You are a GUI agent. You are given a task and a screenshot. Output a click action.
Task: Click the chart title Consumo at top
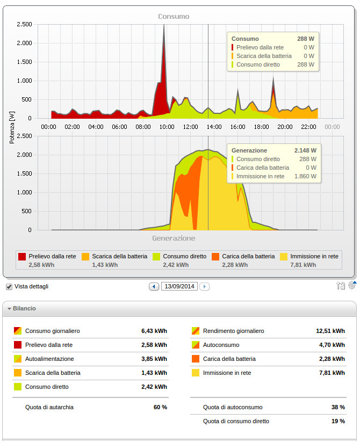(174, 17)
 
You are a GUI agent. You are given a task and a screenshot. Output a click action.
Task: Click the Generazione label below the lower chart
(174, 238)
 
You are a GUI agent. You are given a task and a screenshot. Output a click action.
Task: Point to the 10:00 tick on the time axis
(167, 127)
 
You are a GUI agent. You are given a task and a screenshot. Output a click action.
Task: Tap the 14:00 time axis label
(214, 127)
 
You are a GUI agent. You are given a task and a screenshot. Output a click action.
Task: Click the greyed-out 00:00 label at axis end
(332, 127)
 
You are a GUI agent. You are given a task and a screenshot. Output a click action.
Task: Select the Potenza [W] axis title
(12, 127)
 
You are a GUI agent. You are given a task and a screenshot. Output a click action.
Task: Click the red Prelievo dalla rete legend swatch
(22, 256)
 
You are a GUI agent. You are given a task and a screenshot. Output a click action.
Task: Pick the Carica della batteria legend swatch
(217, 256)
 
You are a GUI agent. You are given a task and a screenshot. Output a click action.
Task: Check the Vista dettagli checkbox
(9, 286)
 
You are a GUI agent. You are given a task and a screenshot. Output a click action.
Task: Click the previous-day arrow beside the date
(154, 287)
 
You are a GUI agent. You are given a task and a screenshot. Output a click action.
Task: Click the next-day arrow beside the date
(204, 287)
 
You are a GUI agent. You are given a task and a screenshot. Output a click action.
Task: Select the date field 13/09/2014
(179, 287)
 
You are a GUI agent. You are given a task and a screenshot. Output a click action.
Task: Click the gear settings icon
(352, 285)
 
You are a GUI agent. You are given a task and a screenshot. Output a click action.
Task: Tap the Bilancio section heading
(24, 309)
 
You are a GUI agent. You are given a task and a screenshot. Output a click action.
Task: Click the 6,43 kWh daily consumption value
(154, 331)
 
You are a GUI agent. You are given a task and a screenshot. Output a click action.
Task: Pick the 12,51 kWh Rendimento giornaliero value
(330, 331)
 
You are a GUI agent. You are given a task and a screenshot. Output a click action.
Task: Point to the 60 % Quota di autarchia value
(160, 407)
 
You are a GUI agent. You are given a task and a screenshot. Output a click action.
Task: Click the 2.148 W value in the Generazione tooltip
(305, 150)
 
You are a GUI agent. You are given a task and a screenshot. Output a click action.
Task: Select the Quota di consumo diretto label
(236, 421)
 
